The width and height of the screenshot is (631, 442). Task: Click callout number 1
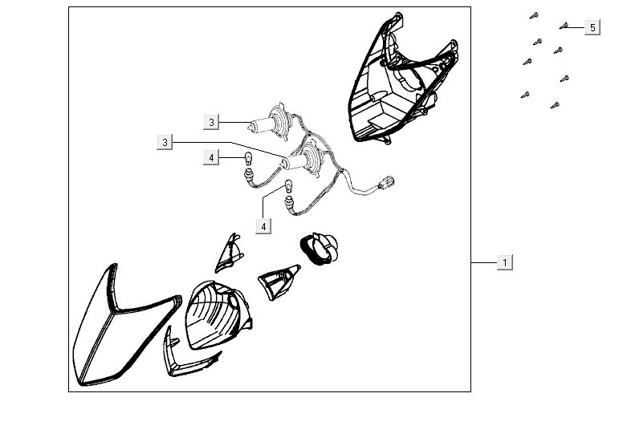click(505, 262)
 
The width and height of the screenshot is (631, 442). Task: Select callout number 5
click(592, 28)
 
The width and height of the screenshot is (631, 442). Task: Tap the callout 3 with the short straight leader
click(212, 122)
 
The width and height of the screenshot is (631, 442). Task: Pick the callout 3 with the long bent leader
click(165, 142)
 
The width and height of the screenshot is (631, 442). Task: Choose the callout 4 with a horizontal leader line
click(212, 158)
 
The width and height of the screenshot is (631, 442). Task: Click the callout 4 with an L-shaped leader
click(263, 226)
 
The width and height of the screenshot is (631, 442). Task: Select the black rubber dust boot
click(320, 249)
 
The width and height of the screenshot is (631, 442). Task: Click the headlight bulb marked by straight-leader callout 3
click(268, 122)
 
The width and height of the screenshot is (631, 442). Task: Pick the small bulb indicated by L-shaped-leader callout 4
click(289, 187)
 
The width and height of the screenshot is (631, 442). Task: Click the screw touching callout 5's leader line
click(564, 26)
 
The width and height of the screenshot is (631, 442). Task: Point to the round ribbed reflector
click(218, 315)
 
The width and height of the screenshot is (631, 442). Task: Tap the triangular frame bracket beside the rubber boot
click(278, 282)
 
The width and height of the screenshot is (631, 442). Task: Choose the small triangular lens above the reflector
click(230, 253)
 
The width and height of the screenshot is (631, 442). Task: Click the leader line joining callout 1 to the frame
click(484, 262)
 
